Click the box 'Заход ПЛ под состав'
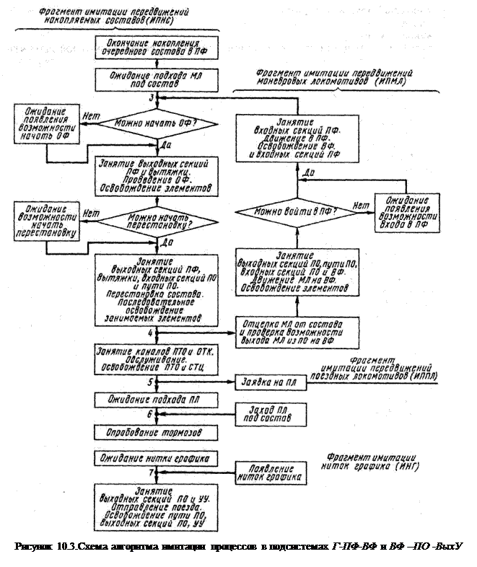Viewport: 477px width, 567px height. (268, 413)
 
